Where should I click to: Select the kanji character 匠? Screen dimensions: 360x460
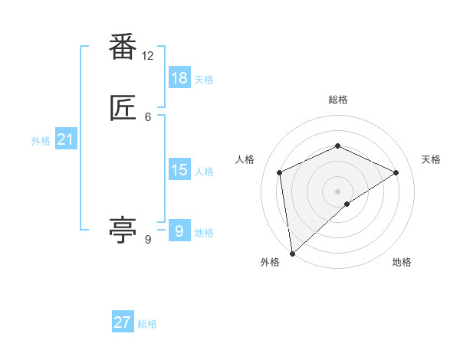[x=123, y=110]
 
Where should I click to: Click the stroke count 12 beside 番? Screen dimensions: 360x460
[x=148, y=56]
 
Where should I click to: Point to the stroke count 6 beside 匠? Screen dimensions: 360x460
[x=148, y=116]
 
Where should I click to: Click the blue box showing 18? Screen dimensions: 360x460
[x=179, y=78]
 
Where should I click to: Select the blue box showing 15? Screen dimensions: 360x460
[x=179, y=170]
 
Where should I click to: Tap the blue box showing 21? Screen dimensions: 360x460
[x=66, y=139]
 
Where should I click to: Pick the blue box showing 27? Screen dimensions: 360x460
[x=123, y=322]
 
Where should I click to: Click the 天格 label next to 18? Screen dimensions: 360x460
[x=204, y=80]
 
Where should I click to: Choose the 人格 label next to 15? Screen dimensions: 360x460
[x=204, y=172]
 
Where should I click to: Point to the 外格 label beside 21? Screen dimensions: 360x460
[x=41, y=141]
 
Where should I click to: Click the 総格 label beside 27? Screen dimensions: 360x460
[x=147, y=324]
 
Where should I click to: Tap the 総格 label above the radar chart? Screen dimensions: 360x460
[x=337, y=100]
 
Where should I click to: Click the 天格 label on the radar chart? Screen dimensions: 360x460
[x=432, y=159]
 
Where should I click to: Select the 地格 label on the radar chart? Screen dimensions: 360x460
[x=402, y=262]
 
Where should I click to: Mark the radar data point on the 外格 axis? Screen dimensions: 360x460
[x=291, y=254]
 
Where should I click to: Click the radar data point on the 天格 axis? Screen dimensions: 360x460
[x=396, y=172]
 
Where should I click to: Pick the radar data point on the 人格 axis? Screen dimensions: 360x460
[x=280, y=172]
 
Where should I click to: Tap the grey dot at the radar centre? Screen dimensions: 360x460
[x=337, y=191]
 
